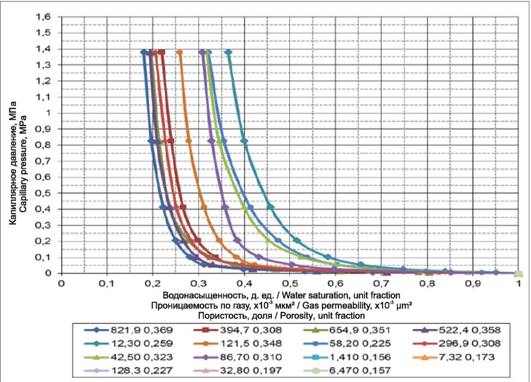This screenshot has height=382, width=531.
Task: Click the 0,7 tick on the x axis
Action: pos(381,284)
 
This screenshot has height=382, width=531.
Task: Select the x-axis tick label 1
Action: pos(519,284)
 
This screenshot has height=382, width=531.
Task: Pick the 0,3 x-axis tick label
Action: pos(198,284)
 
